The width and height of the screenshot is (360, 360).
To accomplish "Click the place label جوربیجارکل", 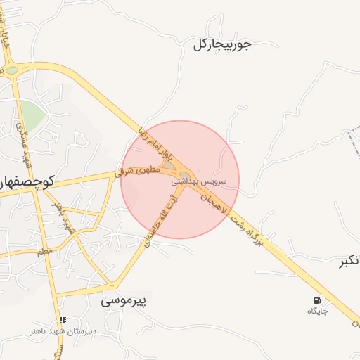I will (x=221, y=45).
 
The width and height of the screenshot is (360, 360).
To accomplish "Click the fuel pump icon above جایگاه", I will (x=317, y=300).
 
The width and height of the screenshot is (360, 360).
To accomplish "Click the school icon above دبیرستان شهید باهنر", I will (x=63, y=320).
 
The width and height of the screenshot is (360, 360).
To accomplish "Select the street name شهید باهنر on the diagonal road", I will (x=65, y=217).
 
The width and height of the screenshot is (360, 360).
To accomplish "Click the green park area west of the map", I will (x=31, y=111).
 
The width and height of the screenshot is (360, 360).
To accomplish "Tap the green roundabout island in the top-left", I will (x=12, y=70).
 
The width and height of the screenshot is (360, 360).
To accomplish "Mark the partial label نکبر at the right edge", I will (x=350, y=262).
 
